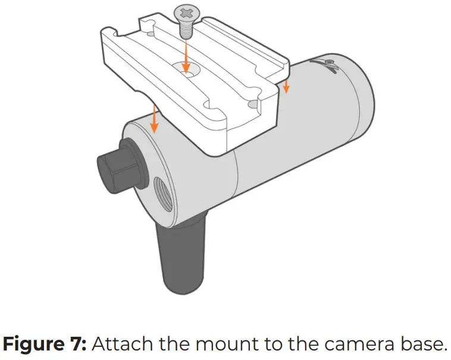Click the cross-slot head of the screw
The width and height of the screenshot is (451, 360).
(185, 11)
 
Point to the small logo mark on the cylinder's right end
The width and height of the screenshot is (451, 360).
(329, 65)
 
